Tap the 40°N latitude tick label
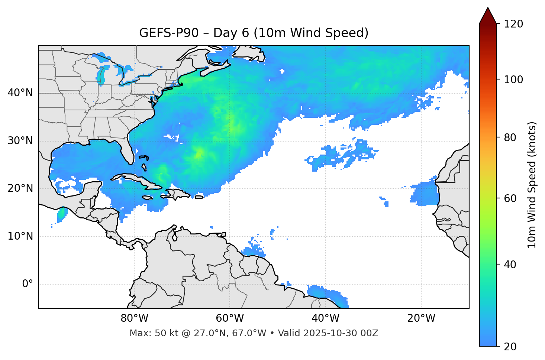pos(20,93)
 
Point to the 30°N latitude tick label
pos(20,141)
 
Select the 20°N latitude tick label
pos(20,188)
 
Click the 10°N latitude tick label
pos(20,236)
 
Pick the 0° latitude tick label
pos(28,284)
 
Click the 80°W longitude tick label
pos(134,318)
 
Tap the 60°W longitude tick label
pos(230,318)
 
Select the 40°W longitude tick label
pos(325,318)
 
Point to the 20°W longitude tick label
pos(421,318)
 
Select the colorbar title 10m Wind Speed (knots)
pos(532,185)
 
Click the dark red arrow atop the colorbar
pos(488,16)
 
